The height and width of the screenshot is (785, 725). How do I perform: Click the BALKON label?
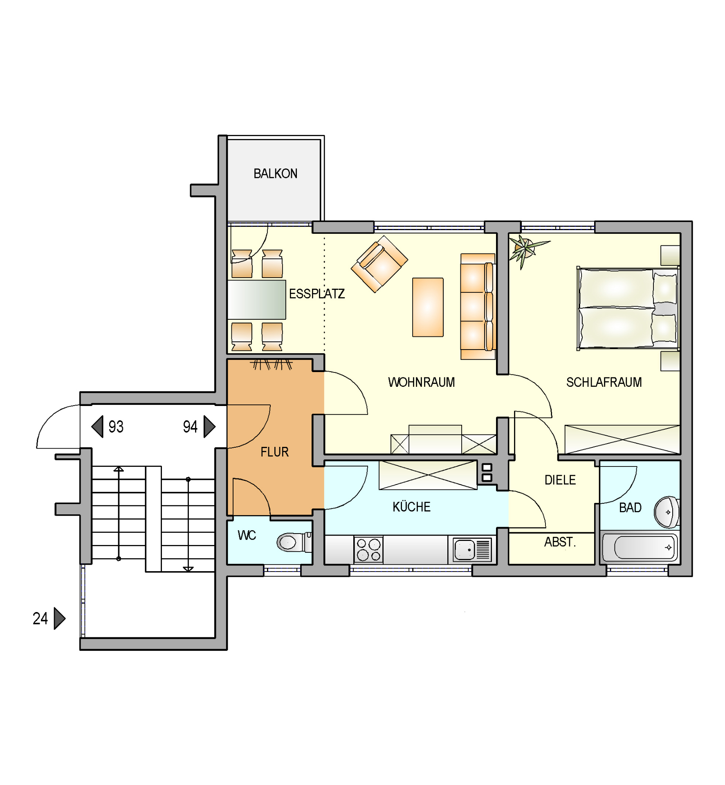pos(275,174)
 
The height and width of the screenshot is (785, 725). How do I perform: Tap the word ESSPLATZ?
pos(317,294)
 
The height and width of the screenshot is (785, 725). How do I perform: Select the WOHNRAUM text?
pos(421,382)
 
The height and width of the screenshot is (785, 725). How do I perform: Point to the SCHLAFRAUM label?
pos(604,382)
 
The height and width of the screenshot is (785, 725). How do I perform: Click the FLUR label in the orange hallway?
pos(275,452)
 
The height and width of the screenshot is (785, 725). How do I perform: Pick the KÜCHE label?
pos(411,507)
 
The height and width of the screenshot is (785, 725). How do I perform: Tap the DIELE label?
pos(560,480)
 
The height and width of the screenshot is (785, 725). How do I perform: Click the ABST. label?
pos(560,542)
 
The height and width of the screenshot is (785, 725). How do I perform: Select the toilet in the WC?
pos(294,542)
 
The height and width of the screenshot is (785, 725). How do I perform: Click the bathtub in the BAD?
pos(640,547)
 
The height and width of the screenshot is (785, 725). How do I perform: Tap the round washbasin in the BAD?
pos(667,512)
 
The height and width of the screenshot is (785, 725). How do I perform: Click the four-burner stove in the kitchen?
pos(368,550)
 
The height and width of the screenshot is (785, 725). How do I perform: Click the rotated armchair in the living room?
pos(379,264)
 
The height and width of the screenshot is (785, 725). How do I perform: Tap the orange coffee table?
pos(428,307)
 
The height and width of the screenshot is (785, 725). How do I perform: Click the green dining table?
pos(256,300)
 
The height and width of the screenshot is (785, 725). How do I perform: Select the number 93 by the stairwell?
pos(116,427)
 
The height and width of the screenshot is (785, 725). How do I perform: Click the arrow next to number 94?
pos(209,427)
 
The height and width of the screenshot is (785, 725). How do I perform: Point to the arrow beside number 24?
pos(60,619)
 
